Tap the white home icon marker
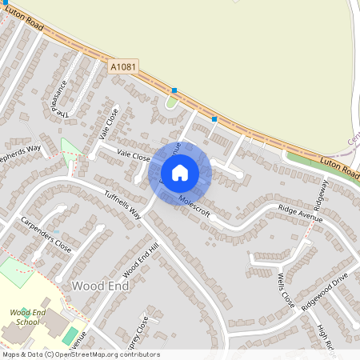coord(180,173)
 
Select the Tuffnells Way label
coord(122,204)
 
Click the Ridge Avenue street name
coord(298,207)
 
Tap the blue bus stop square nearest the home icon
coord(214,119)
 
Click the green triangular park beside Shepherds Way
coord(70,150)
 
